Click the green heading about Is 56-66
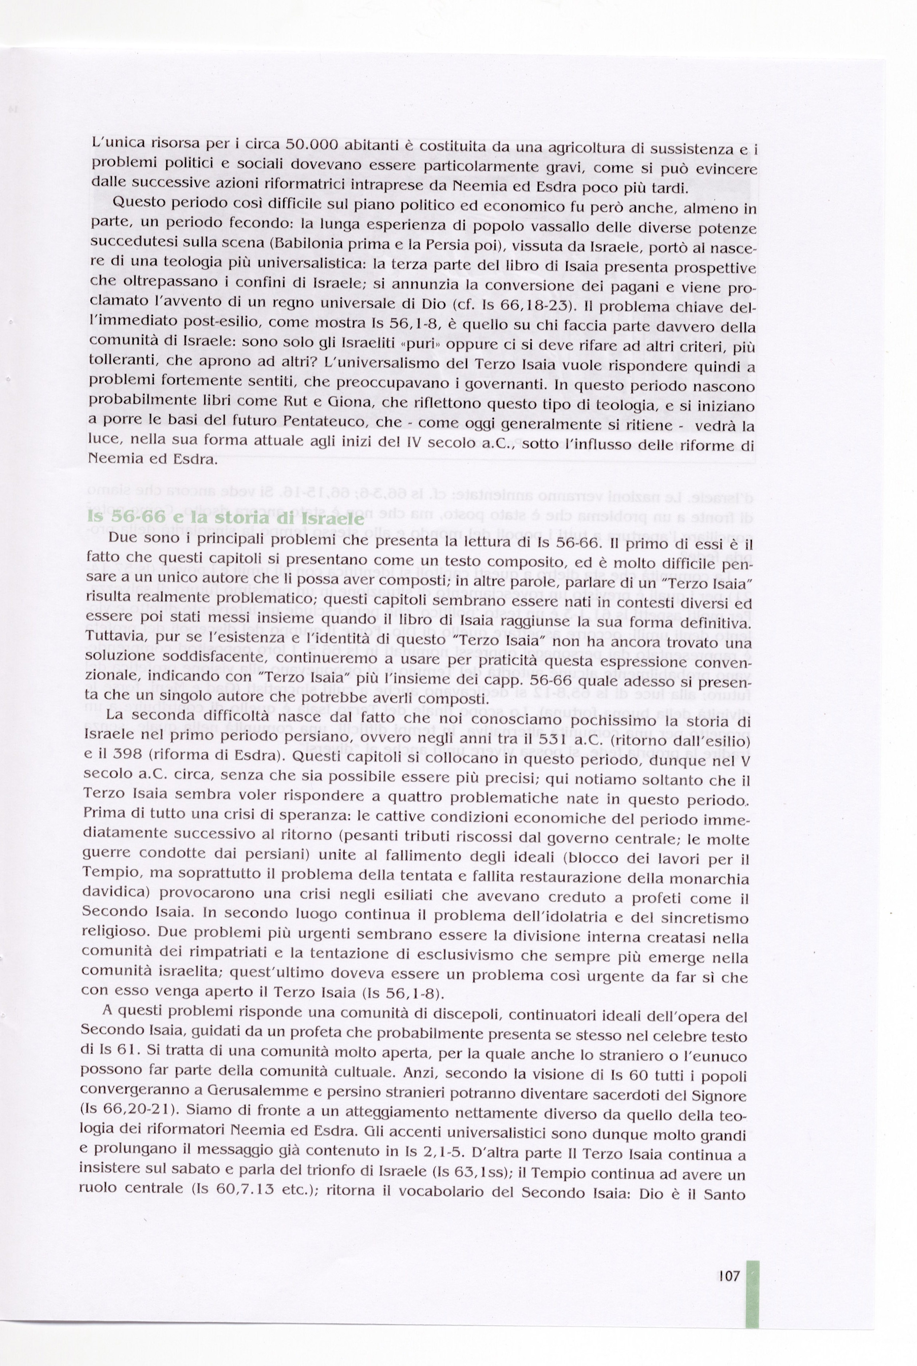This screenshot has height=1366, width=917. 225,517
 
